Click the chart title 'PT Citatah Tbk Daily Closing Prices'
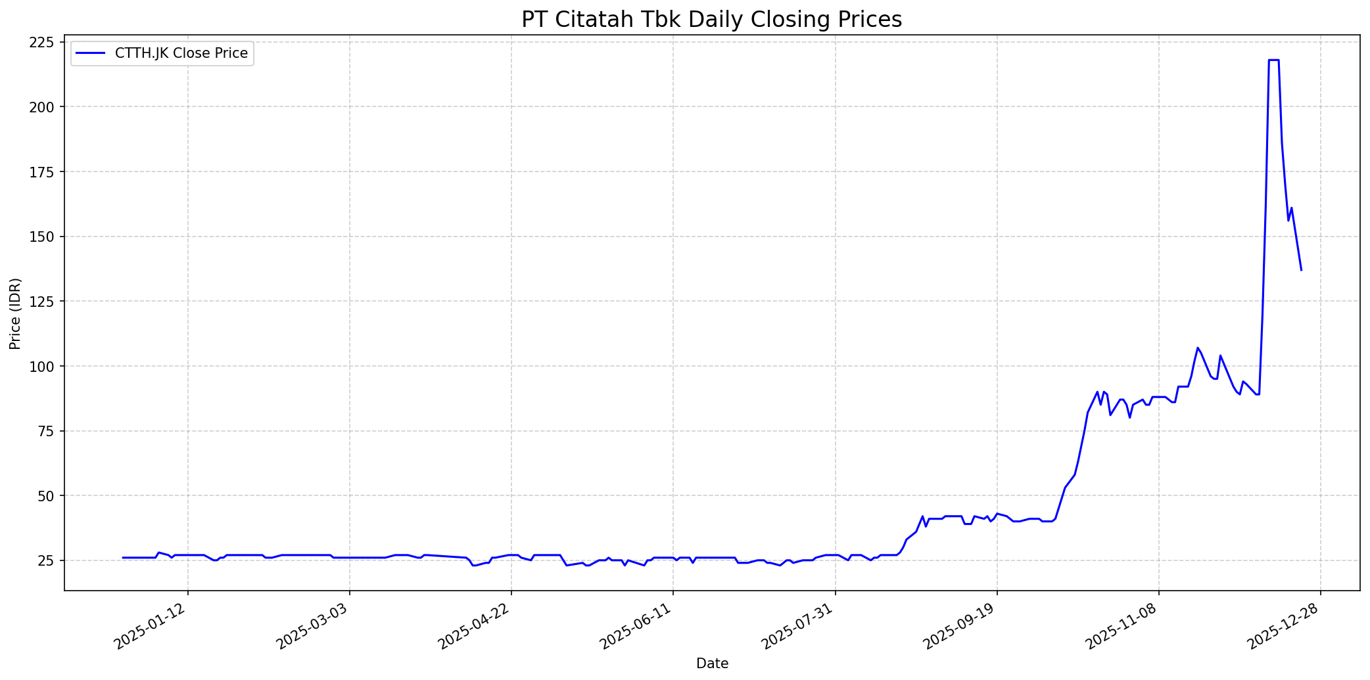tap(711, 20)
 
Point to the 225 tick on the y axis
tap(44, 43)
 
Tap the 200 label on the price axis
tap(44, 107)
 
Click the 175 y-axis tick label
tap(44, 172)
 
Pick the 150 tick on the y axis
tap(44, 237)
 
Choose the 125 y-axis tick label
tap(44, 302)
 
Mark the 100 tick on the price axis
tap(44, 366)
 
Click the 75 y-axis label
tap(48, 431)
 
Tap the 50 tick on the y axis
tap(48, 495)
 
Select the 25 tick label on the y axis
tap(48, 560)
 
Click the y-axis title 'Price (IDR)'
tap(15, 313)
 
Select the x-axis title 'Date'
tap(712, 664)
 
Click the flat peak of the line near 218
tap(1273, 60)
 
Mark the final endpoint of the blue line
tap(1301, 270)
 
